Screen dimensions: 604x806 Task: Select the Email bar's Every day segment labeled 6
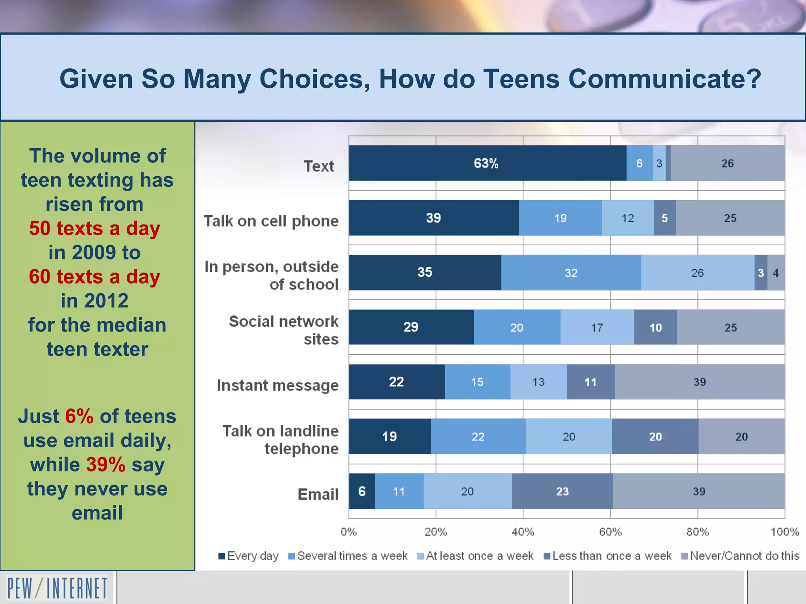[x=362, y=491]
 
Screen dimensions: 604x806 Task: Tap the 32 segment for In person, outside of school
[x=571, y=273]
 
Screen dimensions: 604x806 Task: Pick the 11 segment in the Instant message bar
[x=590, y=382]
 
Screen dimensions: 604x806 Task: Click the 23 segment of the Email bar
[x=562, y=491]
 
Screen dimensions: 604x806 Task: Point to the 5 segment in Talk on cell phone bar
[x=665, y=218]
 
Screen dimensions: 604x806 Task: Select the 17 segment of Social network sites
[x=597, y=327]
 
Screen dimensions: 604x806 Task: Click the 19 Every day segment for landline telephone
[x=390, y=436]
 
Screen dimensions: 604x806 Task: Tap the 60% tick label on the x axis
[x=610, y=532]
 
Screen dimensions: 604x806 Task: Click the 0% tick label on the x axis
[x=349, y=532]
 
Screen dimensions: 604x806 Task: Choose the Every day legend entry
[x=249, y=556]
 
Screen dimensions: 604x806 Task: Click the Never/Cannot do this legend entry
[x=740, y=556]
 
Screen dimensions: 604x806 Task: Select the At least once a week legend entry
[x=475, y=556]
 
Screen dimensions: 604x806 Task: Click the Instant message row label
[x=277, y=385]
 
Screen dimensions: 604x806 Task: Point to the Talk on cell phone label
[x=271, y=221]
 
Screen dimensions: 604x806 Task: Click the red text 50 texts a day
[x=94, y=228]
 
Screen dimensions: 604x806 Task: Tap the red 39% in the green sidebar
[x=105, y=464]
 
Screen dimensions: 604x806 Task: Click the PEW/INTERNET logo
[x=57, y=588]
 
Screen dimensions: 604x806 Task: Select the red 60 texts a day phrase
[x=94, y=277]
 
